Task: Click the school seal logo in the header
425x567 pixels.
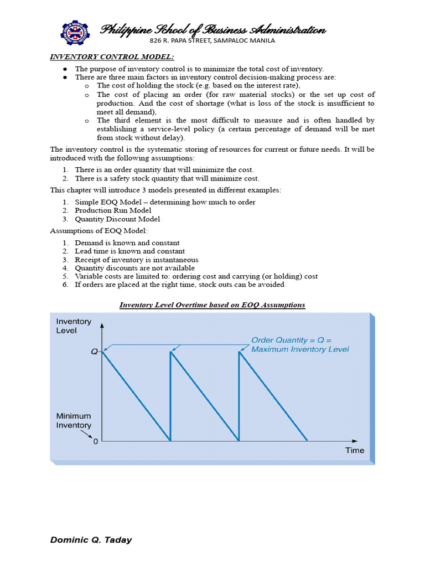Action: [75, 34]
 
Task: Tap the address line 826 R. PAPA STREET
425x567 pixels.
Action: [212, 40]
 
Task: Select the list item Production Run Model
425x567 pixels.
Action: [113, 210]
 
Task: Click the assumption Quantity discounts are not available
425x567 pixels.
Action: [135, 268]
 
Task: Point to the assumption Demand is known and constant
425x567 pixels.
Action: [127, 243]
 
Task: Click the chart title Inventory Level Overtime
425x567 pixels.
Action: [212, 305]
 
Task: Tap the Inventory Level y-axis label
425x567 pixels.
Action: [74, 326]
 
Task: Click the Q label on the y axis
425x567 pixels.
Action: [94, 352]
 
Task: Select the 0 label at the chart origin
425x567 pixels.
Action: [96, 442]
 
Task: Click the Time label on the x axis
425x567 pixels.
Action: [355, 450]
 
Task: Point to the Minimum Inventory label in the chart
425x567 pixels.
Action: [74, 420]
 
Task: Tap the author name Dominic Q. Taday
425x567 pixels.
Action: [91, 540]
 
